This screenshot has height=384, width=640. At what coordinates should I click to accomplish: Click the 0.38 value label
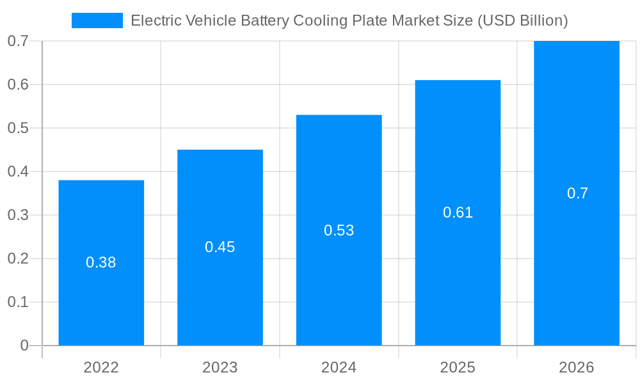click(x=101, y=262)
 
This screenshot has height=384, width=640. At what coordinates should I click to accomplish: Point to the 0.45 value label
click(x=220, y=247)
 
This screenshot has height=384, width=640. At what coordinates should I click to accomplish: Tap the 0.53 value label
click(x=339, y=230)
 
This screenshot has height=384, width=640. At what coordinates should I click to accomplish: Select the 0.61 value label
click(x=458, y=212)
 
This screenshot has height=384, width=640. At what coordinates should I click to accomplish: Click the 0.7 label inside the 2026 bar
click(x=577, y=193)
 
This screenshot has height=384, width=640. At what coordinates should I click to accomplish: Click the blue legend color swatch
click(x=97, y=20)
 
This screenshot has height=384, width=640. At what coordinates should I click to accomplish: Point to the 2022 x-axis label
click(x=101, y=367)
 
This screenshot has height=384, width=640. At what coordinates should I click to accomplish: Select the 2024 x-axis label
click(x=339, y=367)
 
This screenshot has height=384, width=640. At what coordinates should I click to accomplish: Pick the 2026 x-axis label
click(x=577, y=367)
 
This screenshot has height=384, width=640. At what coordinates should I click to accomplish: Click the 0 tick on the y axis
click(x=24, y=346)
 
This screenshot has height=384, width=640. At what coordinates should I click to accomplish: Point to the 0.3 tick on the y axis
click(x=18, y=215)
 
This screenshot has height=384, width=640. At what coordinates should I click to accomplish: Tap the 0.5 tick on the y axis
click(x=18, y=128)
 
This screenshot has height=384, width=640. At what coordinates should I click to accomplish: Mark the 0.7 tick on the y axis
click(x=18, y=41)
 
